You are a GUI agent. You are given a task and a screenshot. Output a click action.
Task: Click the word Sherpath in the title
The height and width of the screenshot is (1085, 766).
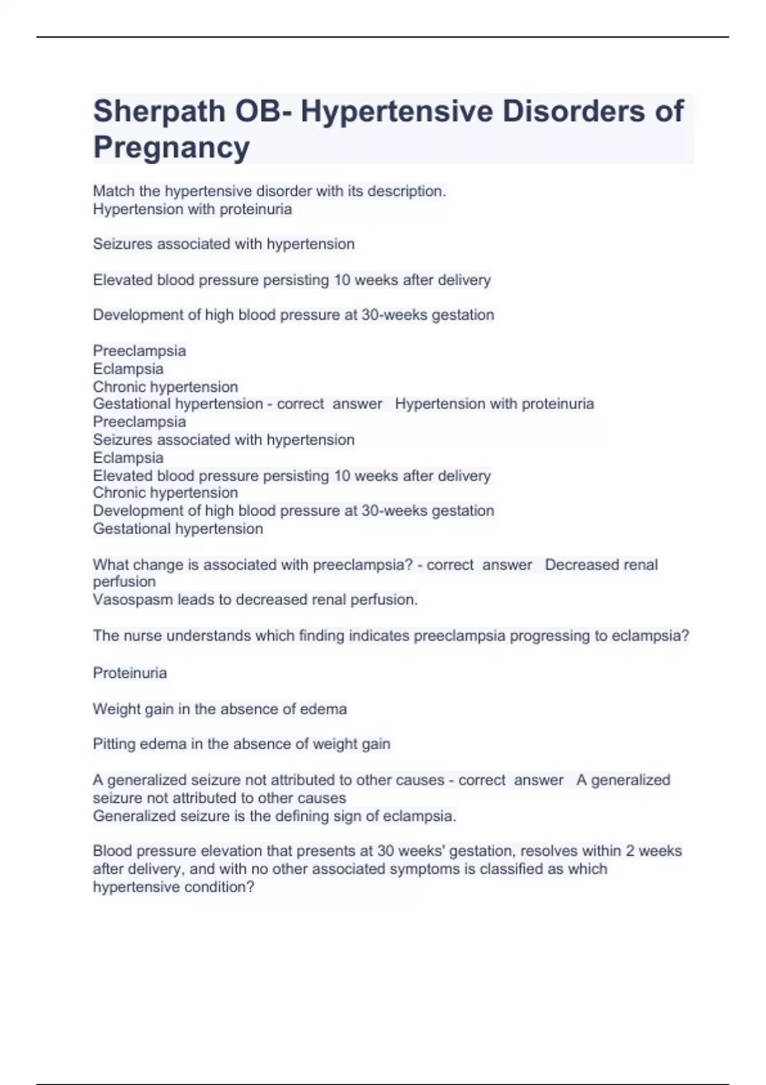pyautogui.click(x=159, y=112)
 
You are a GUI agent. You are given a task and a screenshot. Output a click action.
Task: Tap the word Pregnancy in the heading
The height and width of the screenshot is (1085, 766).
pyautogui.click(x=172, y=147)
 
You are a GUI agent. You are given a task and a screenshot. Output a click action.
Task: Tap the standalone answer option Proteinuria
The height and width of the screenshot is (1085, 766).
pyautogui.click(x=130, y=673)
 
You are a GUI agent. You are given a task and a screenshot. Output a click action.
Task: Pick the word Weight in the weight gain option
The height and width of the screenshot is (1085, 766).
pyautogui.click(x=116, y=709)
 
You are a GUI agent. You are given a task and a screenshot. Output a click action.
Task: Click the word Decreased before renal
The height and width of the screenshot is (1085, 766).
pyautogui.click(x=582, y=565)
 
